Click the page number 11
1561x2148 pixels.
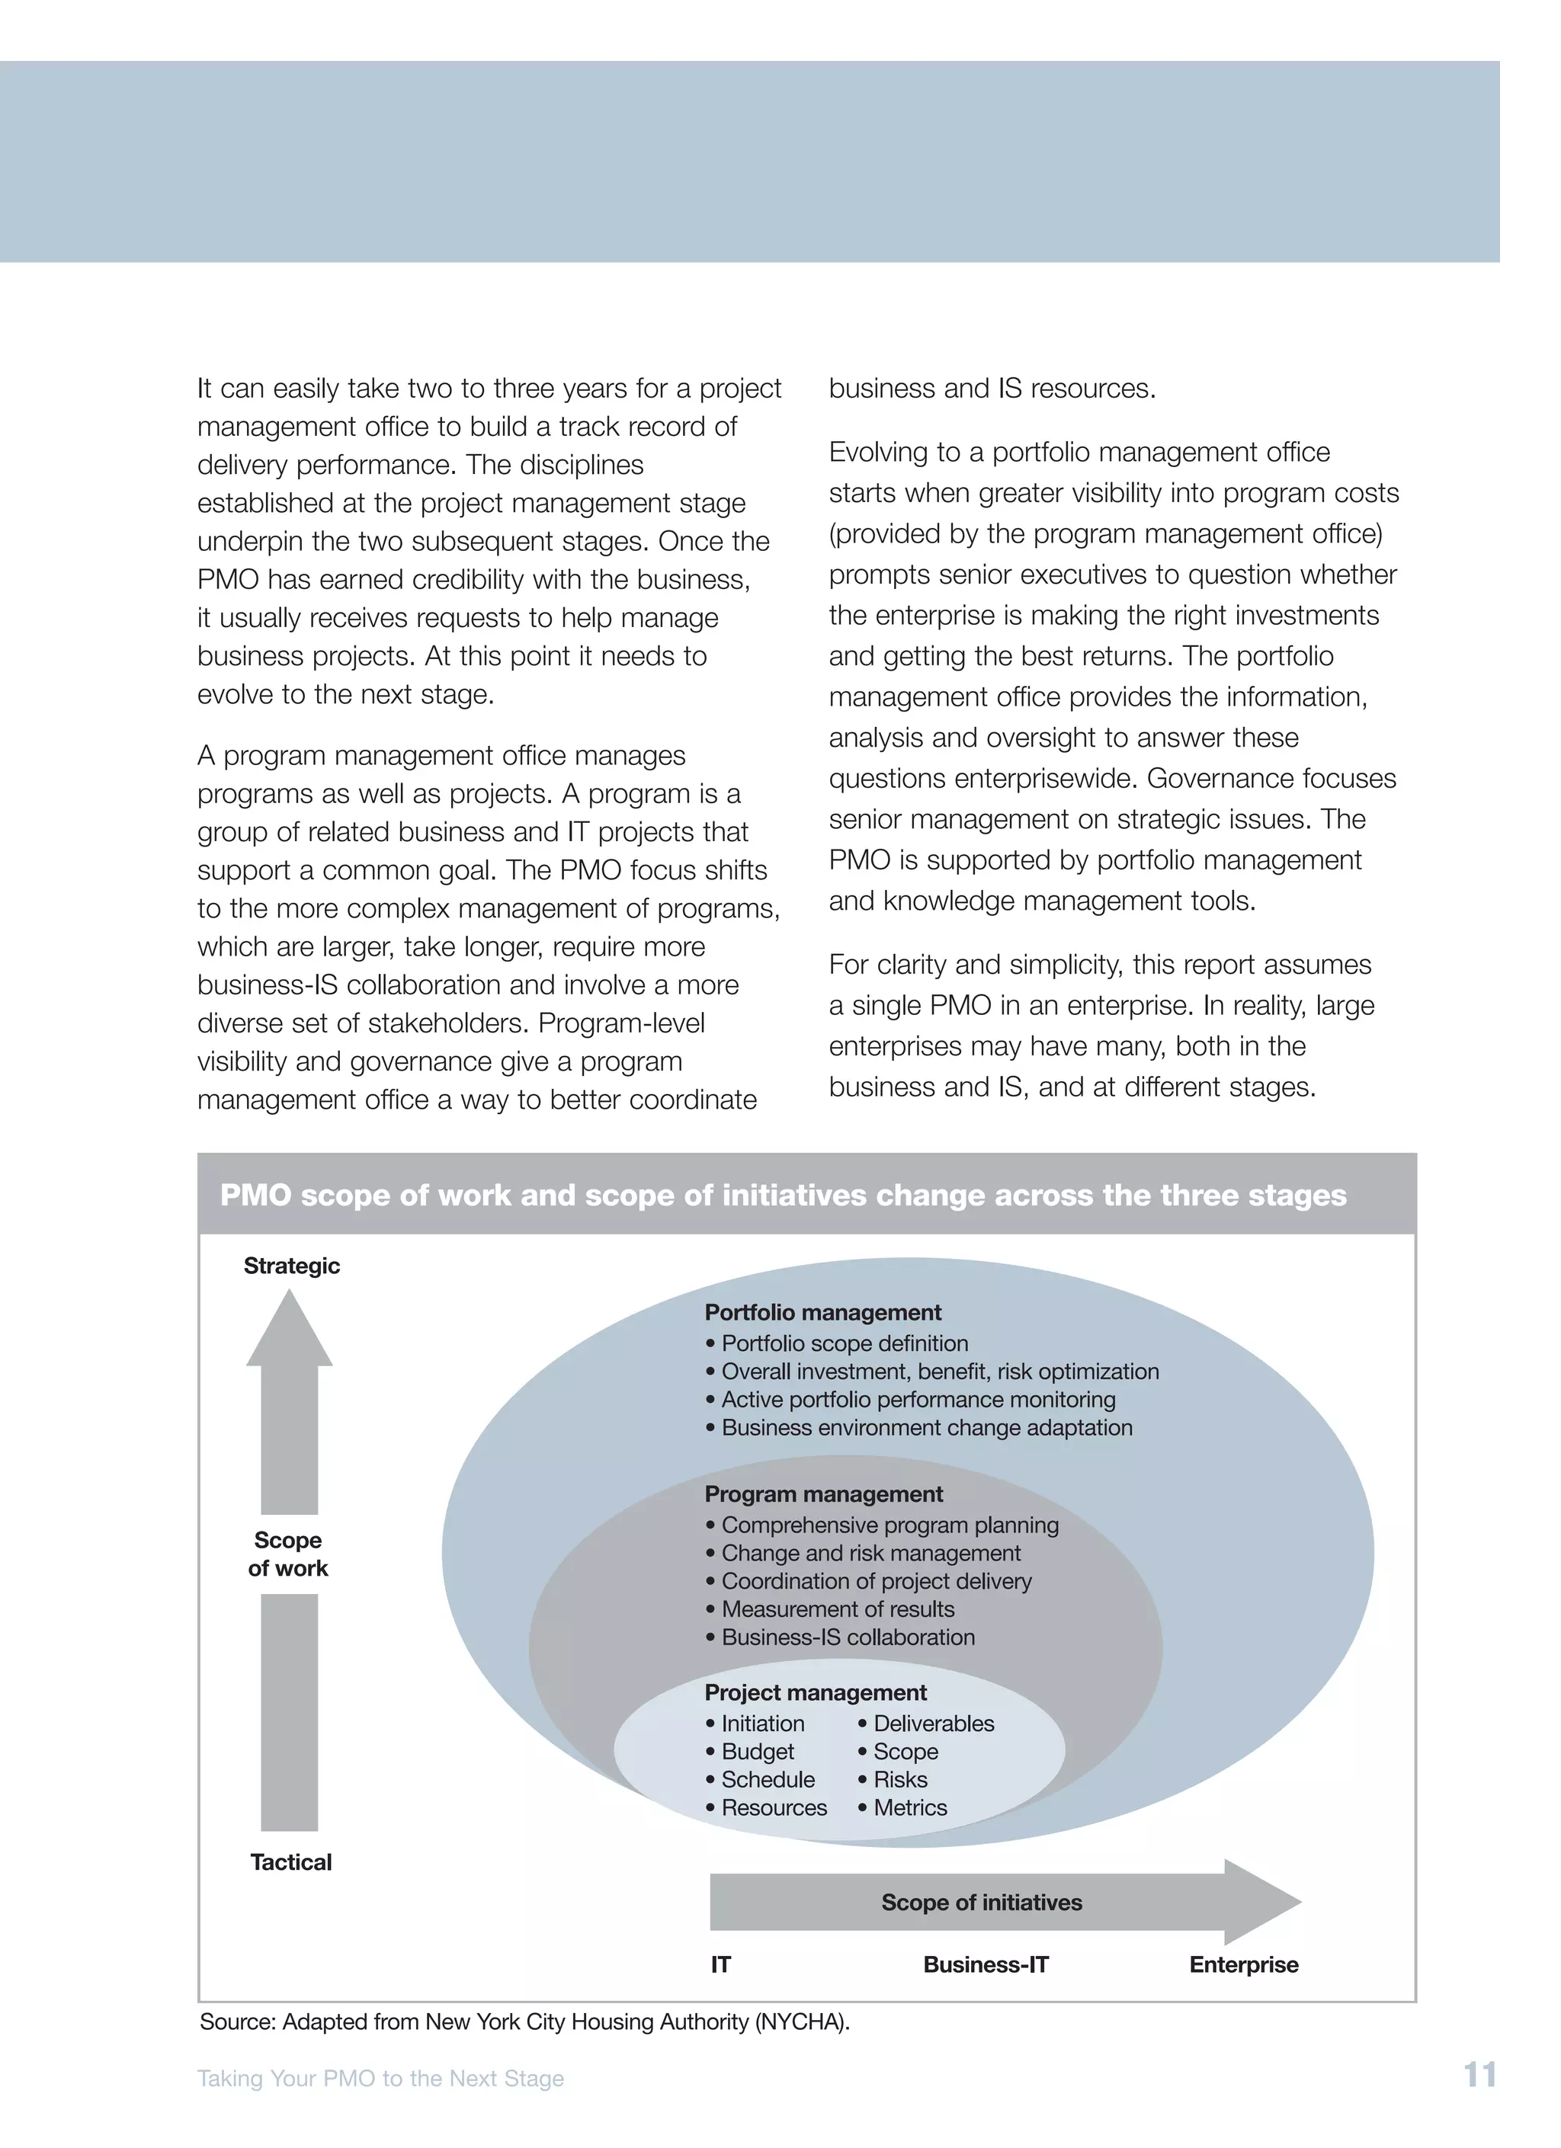[1479, 2074]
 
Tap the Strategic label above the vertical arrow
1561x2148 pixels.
[291, 1266]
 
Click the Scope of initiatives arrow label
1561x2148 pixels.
[981, 1902]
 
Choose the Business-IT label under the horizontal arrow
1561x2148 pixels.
[985, 1964]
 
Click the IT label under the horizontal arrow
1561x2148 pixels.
[721, 1964]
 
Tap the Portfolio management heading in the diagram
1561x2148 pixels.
[822, 1311]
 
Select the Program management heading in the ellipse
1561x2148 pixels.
[823, 1493]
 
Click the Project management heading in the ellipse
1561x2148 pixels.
[816, 1692]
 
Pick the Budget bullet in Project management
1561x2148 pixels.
[757, 1751]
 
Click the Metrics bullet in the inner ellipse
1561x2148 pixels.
[909, 1807]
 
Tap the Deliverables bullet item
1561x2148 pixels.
[933, 1723]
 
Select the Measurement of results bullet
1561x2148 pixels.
[838, 1609]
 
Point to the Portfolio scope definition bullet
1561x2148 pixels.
[844, 1343]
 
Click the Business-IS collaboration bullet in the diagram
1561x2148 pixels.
[848, 1637]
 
